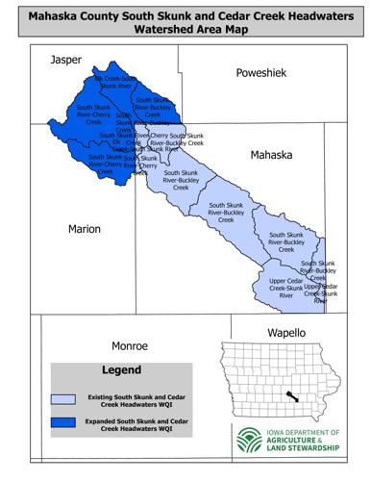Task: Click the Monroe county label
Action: click(x=128, y=344)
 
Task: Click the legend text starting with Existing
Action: click(x=136, y=399)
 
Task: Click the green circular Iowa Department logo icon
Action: click(x=248, y=440)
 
